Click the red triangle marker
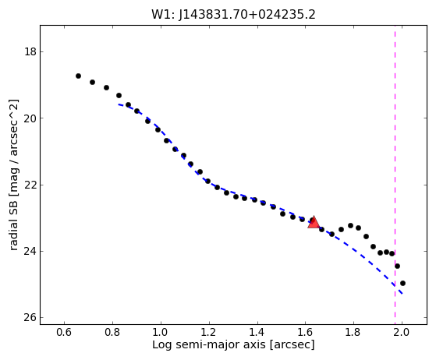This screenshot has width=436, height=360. point(314,222)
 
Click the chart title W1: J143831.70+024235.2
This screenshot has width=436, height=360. point(233,15)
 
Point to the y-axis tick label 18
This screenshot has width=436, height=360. point(30,52)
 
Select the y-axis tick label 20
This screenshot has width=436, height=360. point(30,118)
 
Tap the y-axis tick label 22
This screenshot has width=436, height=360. point(30,185)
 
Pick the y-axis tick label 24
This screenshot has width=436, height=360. point(30,252)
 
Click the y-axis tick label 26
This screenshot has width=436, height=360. point(30,318)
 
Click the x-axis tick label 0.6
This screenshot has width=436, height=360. point(64,332)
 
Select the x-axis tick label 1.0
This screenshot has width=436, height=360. point(161,332)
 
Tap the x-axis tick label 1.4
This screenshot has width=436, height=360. point(257,332)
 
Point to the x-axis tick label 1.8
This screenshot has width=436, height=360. point(353,332)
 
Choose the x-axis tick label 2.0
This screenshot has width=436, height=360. point(402,332)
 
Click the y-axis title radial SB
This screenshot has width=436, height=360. point(13,223)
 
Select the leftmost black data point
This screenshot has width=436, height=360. point(79,76)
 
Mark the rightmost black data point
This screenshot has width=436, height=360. point(402,284)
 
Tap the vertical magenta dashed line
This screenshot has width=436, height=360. point(395,175)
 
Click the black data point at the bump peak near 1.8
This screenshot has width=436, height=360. point(350,225)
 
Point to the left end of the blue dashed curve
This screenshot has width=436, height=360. point(119,104)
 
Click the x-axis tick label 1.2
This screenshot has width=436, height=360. point(209,332)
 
